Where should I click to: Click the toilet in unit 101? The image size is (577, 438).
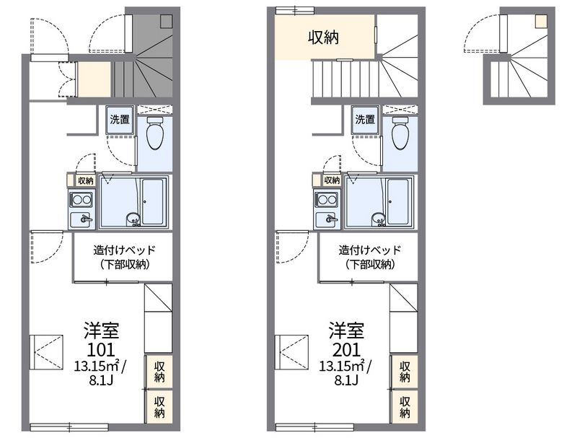pos(154,133)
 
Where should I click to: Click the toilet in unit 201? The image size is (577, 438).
pos(400,133)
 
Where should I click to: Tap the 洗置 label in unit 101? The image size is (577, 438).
pos(120,119)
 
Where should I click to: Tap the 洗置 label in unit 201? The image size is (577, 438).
pos(365,119)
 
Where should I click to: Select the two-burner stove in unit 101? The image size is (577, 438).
pos(82,200)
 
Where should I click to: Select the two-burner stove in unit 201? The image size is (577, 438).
pos(327,200)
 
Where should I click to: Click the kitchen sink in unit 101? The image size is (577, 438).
pos(82,219)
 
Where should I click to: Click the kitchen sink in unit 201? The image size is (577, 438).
pos(327,219)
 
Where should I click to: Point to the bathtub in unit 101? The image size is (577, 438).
pos(153,201)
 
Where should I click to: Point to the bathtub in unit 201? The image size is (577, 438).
pos(398,201)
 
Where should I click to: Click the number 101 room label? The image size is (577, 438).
pos(101,350)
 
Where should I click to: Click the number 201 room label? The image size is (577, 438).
pos(346,350)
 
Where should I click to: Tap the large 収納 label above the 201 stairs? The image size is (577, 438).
pos(323,38)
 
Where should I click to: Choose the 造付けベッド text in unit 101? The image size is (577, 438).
pos(124,250)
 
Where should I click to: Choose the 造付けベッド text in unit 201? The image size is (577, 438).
pos(370,250)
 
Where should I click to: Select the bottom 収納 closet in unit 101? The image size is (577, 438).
pos(159,406)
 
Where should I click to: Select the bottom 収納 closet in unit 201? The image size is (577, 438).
pos(405,406)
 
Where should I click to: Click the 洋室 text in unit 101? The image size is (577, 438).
pos(101,330)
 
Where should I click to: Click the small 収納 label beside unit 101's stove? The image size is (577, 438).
pos(86,180)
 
